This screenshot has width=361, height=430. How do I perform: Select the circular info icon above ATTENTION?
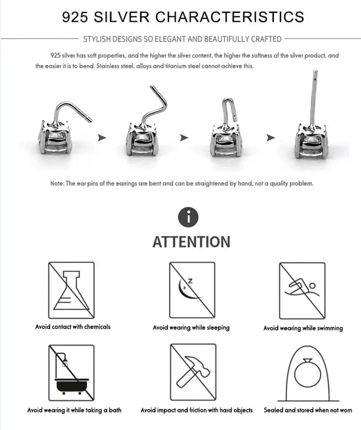point(189,217)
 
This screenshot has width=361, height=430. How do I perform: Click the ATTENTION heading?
point(191,242)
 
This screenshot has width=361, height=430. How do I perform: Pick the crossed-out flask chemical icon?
point(71,290)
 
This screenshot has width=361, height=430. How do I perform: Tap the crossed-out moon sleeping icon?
point(192,290)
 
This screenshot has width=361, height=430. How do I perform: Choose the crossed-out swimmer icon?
point(302,291)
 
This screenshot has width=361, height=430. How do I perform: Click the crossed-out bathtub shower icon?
point(71,373)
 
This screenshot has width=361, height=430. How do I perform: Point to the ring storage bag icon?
point(308,374)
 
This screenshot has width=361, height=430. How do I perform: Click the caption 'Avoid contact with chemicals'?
point(73,326)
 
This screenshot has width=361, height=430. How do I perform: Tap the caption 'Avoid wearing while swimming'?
point(303,328)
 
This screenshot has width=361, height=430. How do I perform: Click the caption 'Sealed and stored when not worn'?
point(308,410)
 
